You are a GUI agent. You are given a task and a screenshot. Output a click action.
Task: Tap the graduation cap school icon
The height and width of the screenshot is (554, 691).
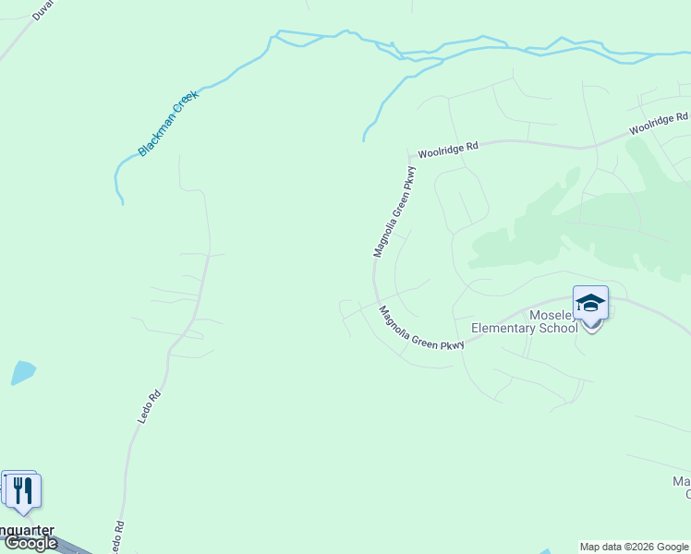pyautogui.click(x=590, y=302)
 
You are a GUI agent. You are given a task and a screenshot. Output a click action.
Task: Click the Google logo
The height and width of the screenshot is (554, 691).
pyautogui.click(x=30, y=543)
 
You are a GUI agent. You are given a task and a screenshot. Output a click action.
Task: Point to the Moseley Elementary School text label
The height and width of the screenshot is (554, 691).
pyautogui.click(x=525, y=320)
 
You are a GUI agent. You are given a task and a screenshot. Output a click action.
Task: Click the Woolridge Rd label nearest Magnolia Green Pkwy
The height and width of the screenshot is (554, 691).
pyautogui.click(x=447, y=150)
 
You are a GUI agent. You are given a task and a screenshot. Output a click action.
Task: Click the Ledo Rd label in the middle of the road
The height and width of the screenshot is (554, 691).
pyautogui.click(x=150, y=406)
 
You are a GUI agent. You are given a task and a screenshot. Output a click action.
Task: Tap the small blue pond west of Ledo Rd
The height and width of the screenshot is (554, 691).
pyautogui.click(x=23, y=372)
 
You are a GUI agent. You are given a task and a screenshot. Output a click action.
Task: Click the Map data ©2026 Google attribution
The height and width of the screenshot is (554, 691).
pyautogui.click(x=634, y=547)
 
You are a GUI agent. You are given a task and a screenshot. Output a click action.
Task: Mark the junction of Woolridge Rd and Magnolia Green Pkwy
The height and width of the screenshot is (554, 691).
pyautogui.click(x=409, y=158)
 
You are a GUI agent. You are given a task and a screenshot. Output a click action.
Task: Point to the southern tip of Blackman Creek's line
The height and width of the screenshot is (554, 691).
pyautogui.click(x=121, y=203)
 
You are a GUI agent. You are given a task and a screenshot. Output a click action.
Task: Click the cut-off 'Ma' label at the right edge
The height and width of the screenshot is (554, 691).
pyautogui.click(x=682, y=482)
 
